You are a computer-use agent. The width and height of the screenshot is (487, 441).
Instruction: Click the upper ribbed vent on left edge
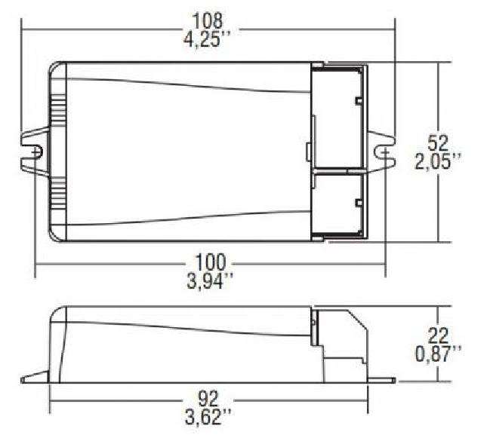pos(57,110)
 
